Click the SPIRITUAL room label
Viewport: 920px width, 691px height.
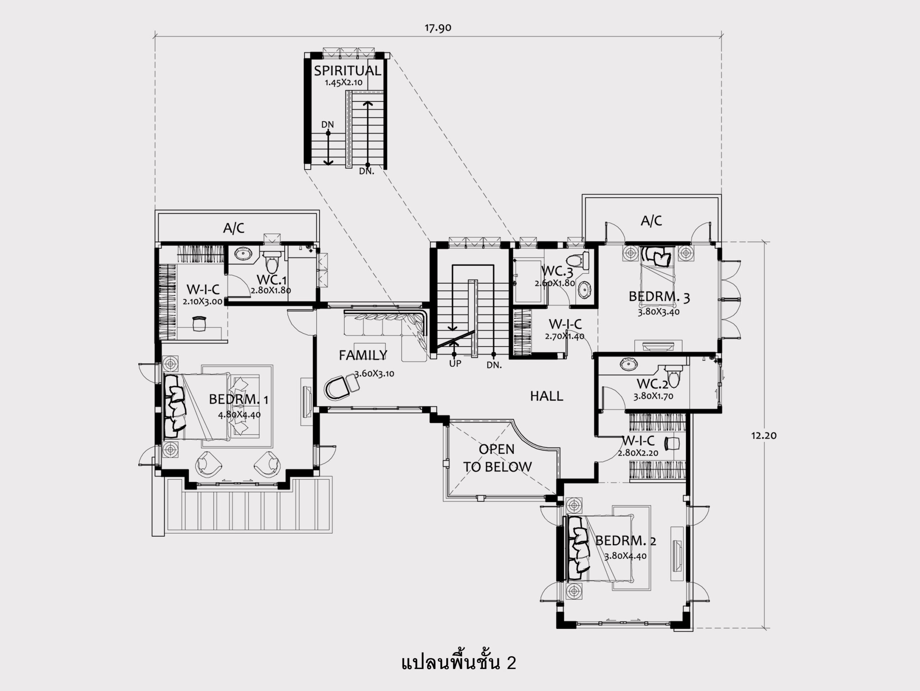[x=347, y=71]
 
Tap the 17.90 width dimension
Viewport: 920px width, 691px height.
[x=438, y=28]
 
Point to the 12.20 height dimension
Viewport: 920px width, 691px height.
[x=764, y=435]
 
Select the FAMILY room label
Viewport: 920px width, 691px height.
[x=363, y=355]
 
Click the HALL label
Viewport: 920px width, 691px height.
[x=547, y=396]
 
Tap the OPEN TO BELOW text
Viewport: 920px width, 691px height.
[x=497, y=458]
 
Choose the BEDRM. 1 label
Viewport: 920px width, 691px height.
[x=238, y=399]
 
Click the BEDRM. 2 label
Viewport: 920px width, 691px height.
[x=626, y=541]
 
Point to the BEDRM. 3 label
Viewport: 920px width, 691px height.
[x=659, y=297]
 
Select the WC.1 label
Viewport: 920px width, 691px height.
[x=272, y=280]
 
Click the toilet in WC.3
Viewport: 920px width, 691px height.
[x=579, y=260]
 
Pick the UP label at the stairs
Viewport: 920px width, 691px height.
[x=455, y=363]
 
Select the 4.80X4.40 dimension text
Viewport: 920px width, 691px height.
[x=239, y=415]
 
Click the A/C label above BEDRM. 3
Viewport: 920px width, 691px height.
[x=651, y=221]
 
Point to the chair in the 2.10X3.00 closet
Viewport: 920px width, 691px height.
[x=200, y=323]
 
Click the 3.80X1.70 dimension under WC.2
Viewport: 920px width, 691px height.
[x=653, y=396]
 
